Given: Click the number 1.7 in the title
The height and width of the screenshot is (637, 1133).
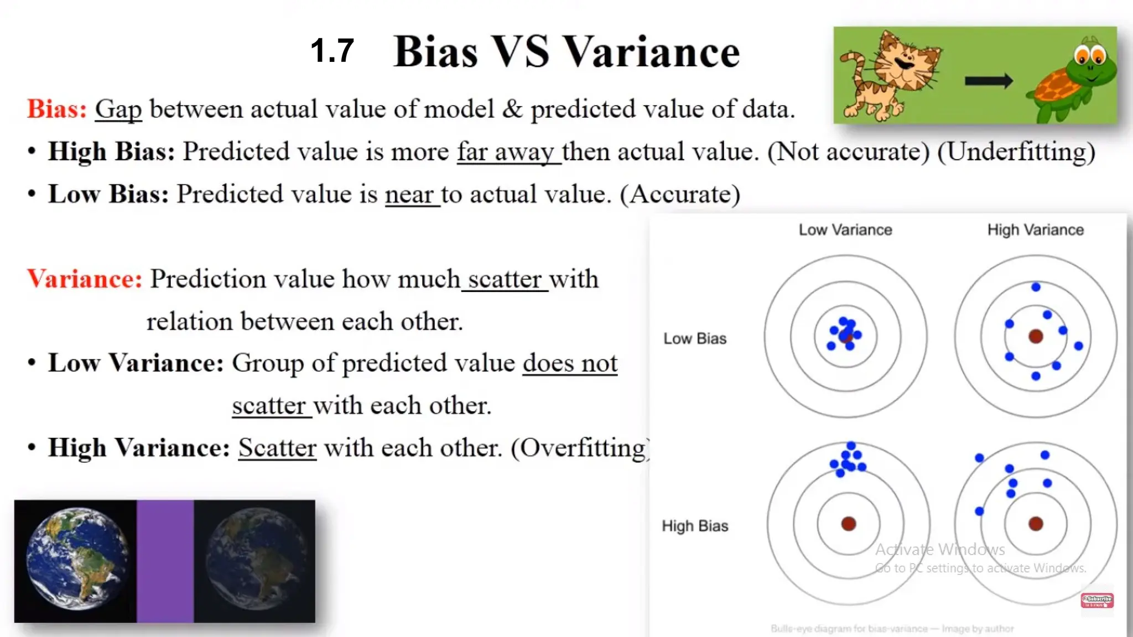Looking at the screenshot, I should pyautogui.click(x=332, y=51).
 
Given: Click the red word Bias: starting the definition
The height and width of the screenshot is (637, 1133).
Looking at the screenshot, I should pyautogui.click(x=57, y=109).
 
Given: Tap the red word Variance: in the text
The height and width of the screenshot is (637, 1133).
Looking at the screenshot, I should pyautogui.click(x=85, y=279).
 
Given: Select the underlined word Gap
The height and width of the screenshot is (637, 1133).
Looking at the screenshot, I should pyautogui.click(x=118, y=109).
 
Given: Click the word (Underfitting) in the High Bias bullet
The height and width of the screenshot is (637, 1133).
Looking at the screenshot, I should pyautogui.click(x=1016, y=152).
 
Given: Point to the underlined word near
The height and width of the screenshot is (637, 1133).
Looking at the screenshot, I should pyautogui.click(x=409, y=195).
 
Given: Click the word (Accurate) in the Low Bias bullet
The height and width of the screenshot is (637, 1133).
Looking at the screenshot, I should pyautogui.click(x=680, y=195).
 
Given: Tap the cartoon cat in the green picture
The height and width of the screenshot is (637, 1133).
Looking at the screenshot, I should pyautogui.click(x=891, y=75).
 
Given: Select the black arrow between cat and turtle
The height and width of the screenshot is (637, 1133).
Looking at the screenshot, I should pyautogui.click(x=989, y=81).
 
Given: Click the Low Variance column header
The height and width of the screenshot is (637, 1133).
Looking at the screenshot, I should pyautogui.click(x=845, y=229).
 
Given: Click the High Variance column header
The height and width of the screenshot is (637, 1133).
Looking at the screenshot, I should pyautogui.click(x=1036, y=229).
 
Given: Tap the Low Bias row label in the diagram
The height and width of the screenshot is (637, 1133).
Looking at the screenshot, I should pyautogui.click(x=695, y=338).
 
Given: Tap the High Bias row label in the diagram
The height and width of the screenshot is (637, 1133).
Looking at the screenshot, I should pyautogui.click(x=695, y=526).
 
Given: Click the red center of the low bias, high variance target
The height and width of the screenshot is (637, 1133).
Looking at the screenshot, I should pyautogui.click(x=1036, y=336).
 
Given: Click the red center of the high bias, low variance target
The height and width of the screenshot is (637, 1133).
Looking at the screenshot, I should pyautogui.click(x=849, y=524).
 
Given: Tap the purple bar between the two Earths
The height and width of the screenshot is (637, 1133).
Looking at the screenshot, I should pyautogui.click(x=165, y=561).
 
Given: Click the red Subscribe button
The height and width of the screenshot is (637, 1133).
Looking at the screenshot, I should pyautogui.click(x=1097, y=601).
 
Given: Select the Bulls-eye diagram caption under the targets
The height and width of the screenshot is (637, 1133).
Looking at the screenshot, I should pyautogui.click(x=892, y=629).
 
